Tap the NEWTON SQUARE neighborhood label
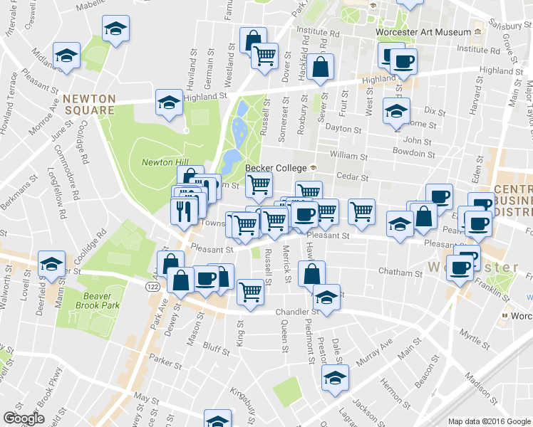pyautogui.click(x=88, y=104)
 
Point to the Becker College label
pyautogui.click(x=276, y=168)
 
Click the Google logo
pyautogui.click(x=24, y=418)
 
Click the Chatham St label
pyautogui.click(x=400, y=272)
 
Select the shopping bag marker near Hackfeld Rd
pyautogui.click(x=321, y=68)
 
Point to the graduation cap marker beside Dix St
pyautogui.click(x=396, y=110)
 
